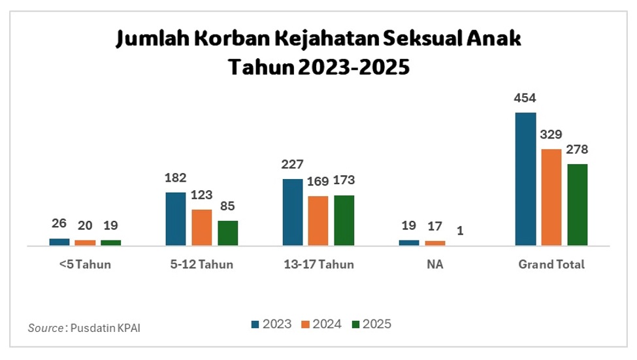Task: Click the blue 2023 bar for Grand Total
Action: [x=525, y=179]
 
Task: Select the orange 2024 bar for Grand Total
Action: [x=551, y=197]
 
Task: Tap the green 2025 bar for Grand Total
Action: [x=578, y=205]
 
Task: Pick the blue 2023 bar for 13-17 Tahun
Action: [x=293, y=212]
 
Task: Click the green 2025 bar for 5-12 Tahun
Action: [x=228, y=233]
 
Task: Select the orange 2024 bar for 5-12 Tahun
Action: [x=202, y=227]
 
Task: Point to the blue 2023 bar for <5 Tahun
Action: [x=59, y=242]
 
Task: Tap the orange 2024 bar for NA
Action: [x=435, y=243]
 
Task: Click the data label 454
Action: [x=525, y=99]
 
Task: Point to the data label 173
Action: [x=344, y=180]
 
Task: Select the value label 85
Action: [x=228, y=206]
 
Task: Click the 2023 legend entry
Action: [x=271, y=324]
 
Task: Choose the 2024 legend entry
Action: [x=322, y=324]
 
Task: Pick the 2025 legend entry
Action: [x=372, y=324]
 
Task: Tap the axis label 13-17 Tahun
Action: [x=318, y=265]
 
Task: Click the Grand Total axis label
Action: [x=551, y=265]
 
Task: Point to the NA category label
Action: [x=435, y=265]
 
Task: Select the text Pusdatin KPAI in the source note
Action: [x=105, y=327]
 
